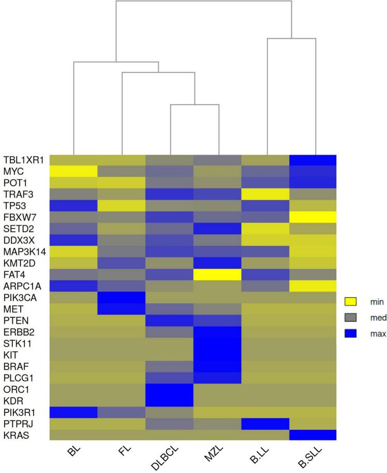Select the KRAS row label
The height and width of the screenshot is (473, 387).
pos(35,435)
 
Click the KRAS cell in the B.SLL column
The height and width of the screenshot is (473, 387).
pos(313,435)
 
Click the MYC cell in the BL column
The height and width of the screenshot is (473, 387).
pos(73,171)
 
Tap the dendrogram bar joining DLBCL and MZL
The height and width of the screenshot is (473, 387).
pos(194,105)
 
